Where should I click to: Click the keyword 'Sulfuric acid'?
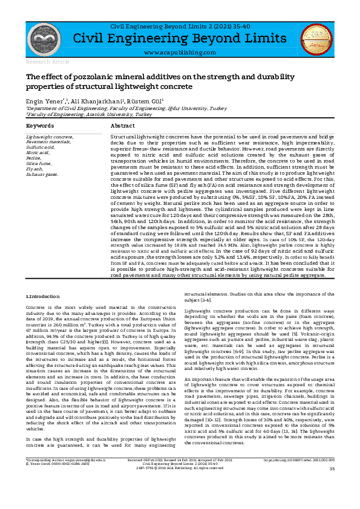click(x=40, y=147)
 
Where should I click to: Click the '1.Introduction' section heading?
click(x=42, y=297)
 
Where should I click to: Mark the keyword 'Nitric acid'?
click(x=38, y=152)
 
